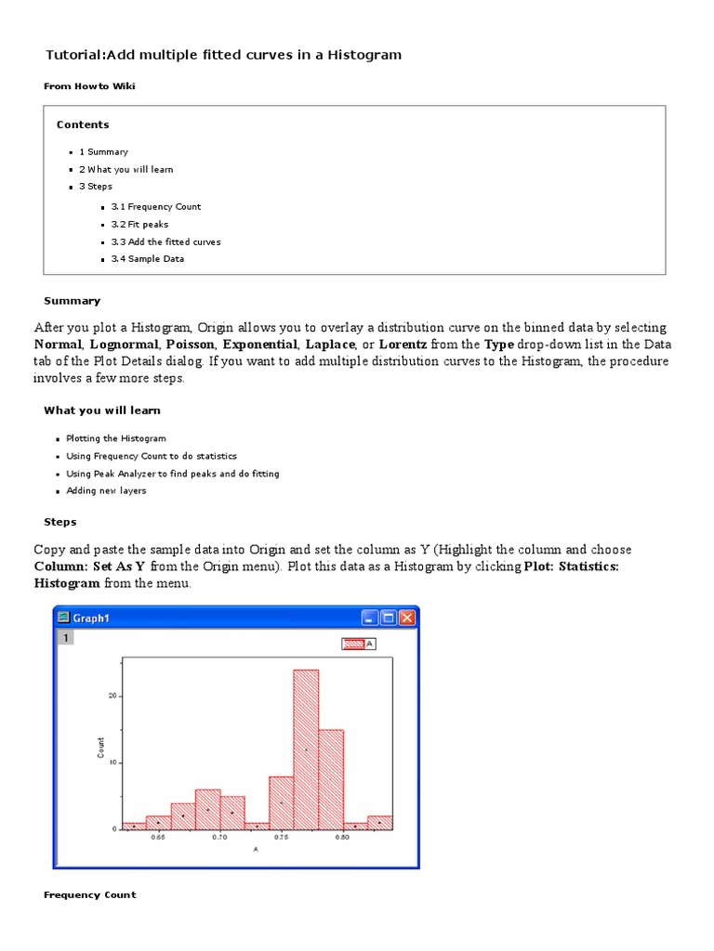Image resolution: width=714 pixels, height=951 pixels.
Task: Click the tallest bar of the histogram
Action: (x=306, y=748)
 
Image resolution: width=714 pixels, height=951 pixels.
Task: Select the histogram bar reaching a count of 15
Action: (x=331, y=778)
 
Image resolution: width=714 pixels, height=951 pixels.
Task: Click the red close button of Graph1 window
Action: (x=408, y=618)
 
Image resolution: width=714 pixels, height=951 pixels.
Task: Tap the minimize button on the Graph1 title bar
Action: (x=370, y=618)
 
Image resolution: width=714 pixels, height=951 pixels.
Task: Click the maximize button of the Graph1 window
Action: (x=389, y=618)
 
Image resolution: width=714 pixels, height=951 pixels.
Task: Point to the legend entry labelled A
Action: (x=358, y=643)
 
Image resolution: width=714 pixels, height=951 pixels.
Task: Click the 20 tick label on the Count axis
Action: (x=112, y=696)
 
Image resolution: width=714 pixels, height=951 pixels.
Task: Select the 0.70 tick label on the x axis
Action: (x=219, y=838)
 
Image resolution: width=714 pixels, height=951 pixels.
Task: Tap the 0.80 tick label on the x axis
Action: (x=342, y=838)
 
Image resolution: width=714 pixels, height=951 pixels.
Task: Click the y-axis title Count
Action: (x=101, y=748)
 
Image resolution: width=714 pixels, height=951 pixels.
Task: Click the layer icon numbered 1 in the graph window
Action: (x=64, y=638)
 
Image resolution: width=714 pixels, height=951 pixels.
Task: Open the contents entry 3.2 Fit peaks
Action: (x=139, y=225)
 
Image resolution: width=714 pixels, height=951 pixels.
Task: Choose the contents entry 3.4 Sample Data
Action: (x=147, y=259)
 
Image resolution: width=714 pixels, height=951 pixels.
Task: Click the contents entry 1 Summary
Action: (x=103, y=152)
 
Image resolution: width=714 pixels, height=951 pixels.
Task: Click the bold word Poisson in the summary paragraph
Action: (x=190, y=345)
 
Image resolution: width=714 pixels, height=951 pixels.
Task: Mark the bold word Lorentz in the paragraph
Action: (x=403, y=345)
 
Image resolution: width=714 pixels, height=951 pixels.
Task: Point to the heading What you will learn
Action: (x=102, y=410)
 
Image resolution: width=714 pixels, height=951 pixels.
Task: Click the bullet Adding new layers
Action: (x=106, y=491)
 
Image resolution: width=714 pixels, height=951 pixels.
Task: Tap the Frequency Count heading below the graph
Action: (x=90, y=895)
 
